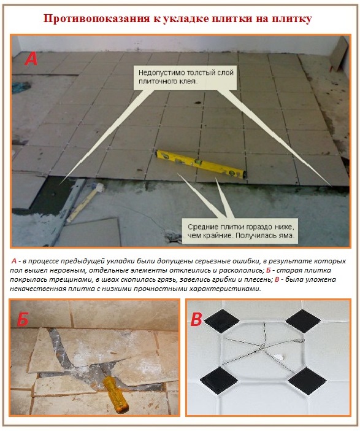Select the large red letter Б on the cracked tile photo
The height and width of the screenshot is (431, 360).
point(23,321)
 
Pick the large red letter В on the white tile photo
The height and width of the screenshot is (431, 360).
point(196,320)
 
